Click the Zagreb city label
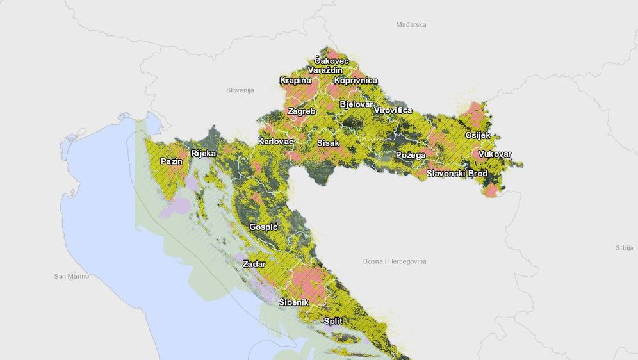pyautogui.click(x=302, y=111)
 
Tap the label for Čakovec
pyautogui.click(x=332, y=61)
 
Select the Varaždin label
pyautogui.click(x=325, y=70)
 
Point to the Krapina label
pyautogui.click(x=295, y=81)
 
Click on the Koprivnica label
pyautogui.click(x=356, y=81)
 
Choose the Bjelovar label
pyautogui.click(x=356, y=104)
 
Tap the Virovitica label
pyautogui.click(x=393, y=110)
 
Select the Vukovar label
pyautogui.click(x=495, y=154)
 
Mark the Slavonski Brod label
pyautogui.click(x=457, y=174)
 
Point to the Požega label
pyautogui.click(x=411, y=156)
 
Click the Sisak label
pyautogui.click(x=329, y=143)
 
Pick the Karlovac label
pyautogui.click(x=275, y=141)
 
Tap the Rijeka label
pyautogui.click(x=204, y=154)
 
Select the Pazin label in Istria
pyautogui.click(x=172, y=161)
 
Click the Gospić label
pyautogui.click(x=263, y=227)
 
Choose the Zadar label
pyautogui.click(x=254, y=264)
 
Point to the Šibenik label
pyautogui.click(x=294, y=302)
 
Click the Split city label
pyautogui.click(x=333, y=321)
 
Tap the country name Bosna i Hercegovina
pyautogui.click(x=394, y=261)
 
